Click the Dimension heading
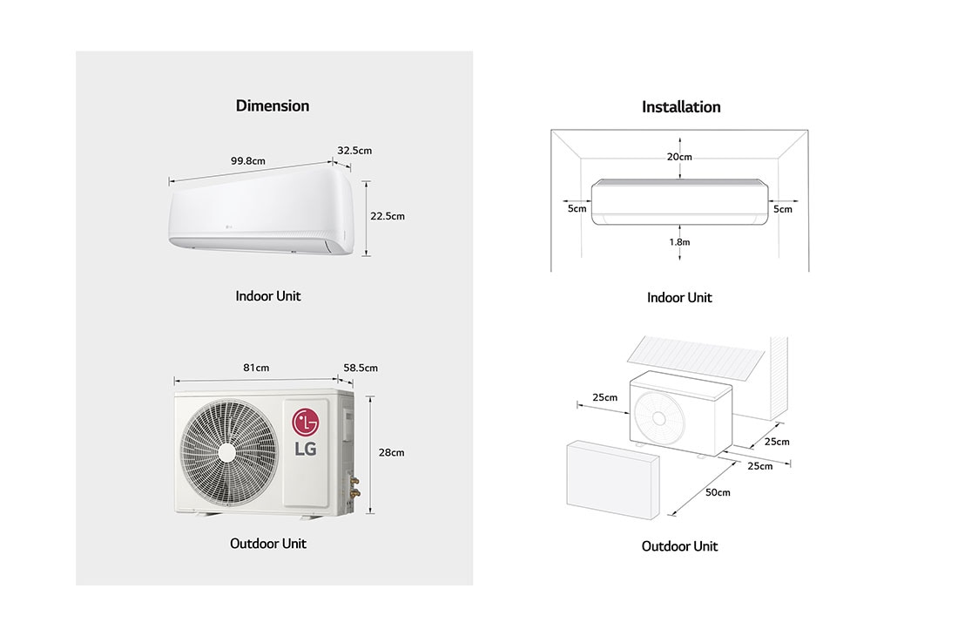[x=273, y=105]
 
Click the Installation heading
[x=681, y=106]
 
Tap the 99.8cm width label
[x=248, y=160]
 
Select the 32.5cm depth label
[x=354, y=150]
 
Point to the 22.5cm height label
[x=387, y=216]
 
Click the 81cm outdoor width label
[x=256, y=368]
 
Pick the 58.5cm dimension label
[x=360, y=368]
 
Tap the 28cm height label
[x=391, y=453]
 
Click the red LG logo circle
[x=306, y=422]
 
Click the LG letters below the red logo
[x=306, y=450]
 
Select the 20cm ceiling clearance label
[x=679, y=157]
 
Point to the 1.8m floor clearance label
[x=679, y=242]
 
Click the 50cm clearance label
[x=718, y=492]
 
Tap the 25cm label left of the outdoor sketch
[x=604, y=397]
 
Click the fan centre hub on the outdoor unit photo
[x=226, y=452]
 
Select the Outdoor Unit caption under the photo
[x=268, y=544]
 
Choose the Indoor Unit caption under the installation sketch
[x=679, y=298]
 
